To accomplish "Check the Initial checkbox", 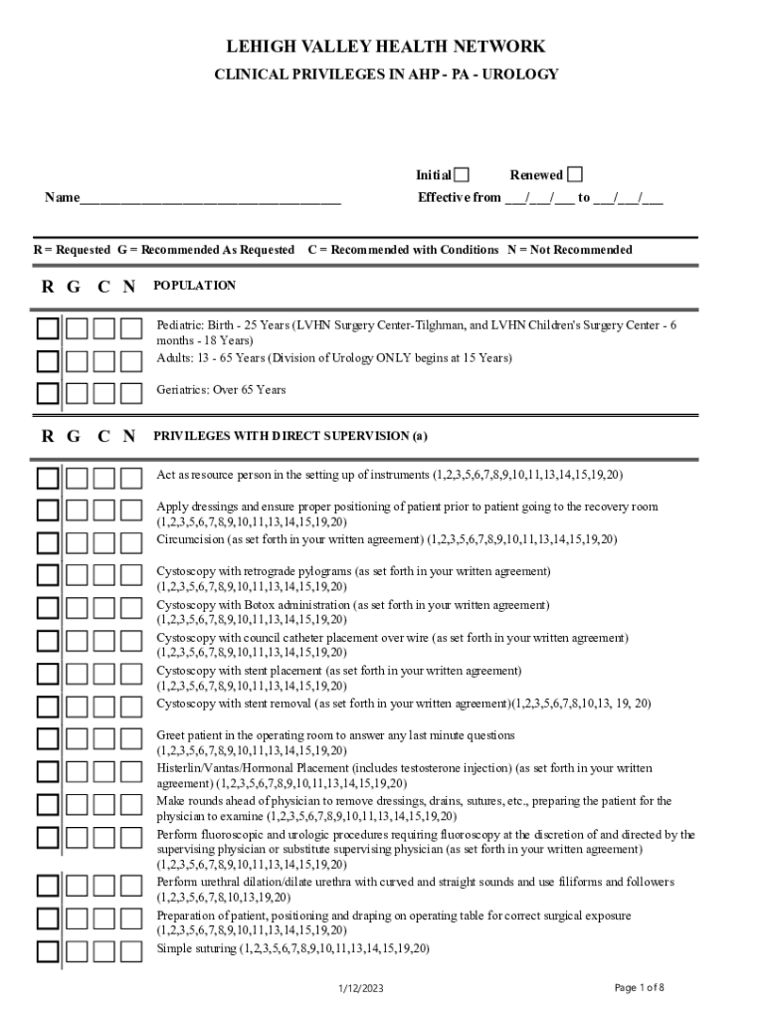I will tap(462, 175).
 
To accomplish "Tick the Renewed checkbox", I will tap(575, 175).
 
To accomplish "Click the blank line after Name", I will tap(210, 198).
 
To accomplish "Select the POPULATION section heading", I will tap(194, 286).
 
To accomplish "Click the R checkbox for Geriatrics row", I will tap(48, 392).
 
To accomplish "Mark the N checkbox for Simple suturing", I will tap(131, 951).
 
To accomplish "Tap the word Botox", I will tap(269, 605).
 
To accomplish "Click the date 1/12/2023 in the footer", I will tap(360, 988).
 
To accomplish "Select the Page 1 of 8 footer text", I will tap(639, 987).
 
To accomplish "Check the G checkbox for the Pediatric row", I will tap(76, 328).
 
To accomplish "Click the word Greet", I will tap(172, 735).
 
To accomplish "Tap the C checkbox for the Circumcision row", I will tap(103, 543).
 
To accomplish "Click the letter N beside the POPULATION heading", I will tap(128, 288).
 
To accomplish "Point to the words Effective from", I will tap(459, 198).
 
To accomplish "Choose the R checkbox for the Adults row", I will tap(48, 360).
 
